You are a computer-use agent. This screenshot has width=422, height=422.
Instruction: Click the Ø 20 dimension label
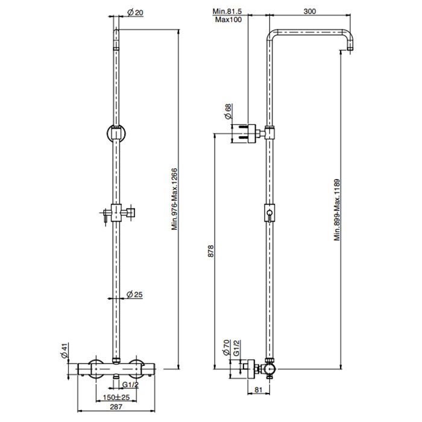point(136,13)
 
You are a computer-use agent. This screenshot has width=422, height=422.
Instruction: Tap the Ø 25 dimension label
point(134,294)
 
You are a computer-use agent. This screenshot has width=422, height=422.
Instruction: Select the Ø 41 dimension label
point(65,351)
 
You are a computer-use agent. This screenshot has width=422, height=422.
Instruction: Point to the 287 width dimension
point(116,407)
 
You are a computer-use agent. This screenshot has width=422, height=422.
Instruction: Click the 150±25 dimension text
point(116,397)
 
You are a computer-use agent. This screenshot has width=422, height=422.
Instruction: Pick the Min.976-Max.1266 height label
point(174,199)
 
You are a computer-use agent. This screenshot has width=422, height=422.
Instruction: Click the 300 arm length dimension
point(309,11)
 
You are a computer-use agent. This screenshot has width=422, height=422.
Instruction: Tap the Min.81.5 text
point(227,11)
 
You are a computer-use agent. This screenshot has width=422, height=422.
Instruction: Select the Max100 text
point(228,20)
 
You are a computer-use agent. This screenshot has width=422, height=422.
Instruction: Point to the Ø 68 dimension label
point(228,112)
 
